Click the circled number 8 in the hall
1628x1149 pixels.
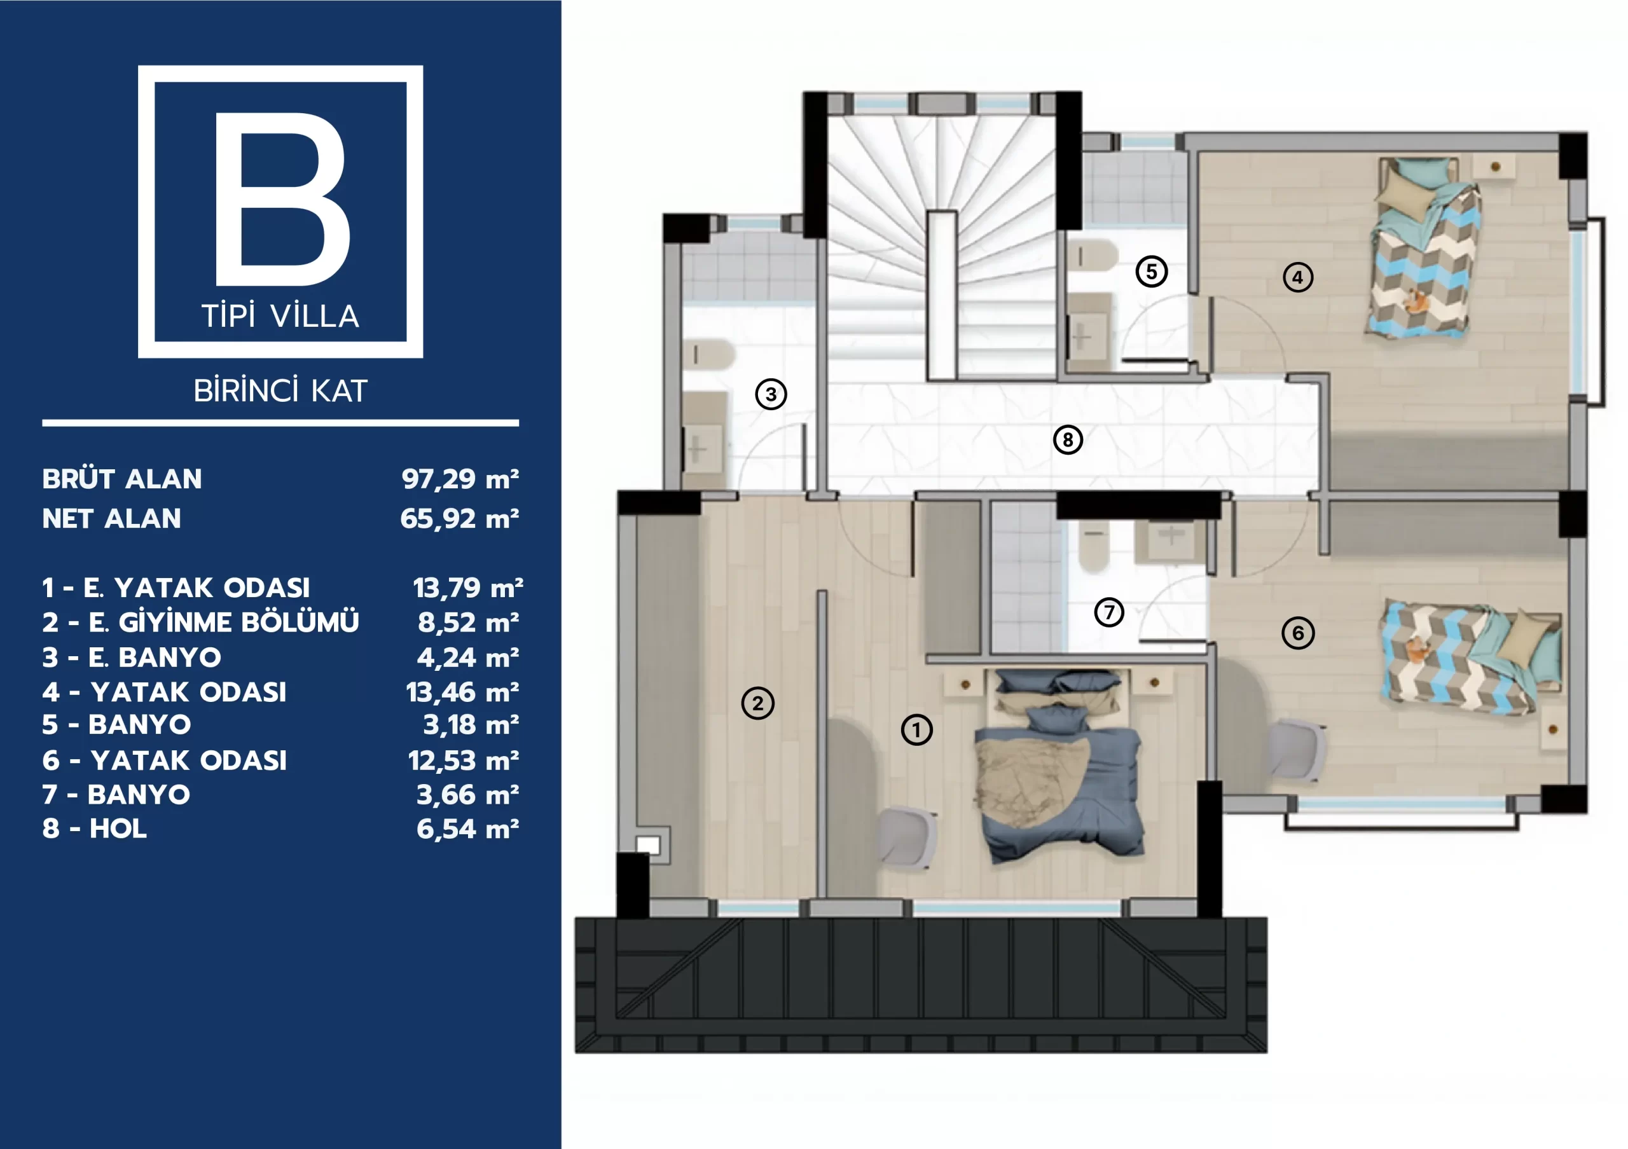[1068, 439]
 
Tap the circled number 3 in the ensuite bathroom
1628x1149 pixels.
[771, 394]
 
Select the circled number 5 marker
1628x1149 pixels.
[1152, 272]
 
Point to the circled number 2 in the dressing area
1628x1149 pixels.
[757, 703]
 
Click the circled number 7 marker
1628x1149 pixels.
[1109, 612]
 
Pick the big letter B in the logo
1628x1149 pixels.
[282, 198]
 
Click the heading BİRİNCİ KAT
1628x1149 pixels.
[281, 390]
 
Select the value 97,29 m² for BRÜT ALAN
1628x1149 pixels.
[460, 479]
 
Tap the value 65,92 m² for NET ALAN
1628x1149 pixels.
[460, 519]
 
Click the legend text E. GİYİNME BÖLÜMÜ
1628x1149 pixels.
[224, 623]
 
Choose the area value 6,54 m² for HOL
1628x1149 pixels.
[468, 829]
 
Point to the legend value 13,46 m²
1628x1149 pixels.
[462, 692]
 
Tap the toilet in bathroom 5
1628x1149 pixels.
[1093, 255]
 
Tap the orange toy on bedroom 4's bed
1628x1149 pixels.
[1414, 301]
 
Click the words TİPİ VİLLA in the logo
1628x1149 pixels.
[281, 316]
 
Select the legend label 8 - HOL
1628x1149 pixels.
[94, 829]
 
